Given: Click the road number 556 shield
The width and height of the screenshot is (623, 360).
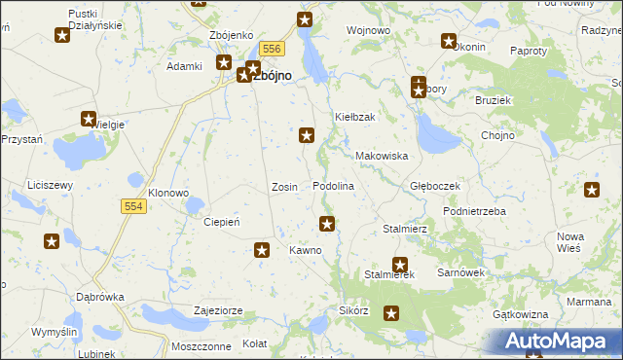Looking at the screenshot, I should pyautogui.click(x=272, y=49).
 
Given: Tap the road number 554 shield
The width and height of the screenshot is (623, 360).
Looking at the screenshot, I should pyautogui.click(x=135, y=206).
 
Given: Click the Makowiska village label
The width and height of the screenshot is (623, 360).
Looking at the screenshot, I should pyautogui.click(x=382, y=156).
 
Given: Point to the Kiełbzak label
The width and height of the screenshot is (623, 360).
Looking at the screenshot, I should pyautogui.click(x=355, y=117).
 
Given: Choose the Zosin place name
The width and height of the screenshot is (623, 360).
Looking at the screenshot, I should pyautogui.click(x=284, y=186).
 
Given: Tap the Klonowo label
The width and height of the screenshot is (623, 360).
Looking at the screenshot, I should pyautogui.click(x=169, y=193).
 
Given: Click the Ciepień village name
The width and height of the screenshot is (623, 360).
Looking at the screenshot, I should pyautogui.click(x=221, y=222).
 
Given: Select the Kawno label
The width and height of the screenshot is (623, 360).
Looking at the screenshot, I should pyautogui.click(x=305, y=250).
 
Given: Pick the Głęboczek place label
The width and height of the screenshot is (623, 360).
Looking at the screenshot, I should pyautogui.click(x=434, y=185).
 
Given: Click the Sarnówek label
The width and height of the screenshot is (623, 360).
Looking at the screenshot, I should pyautogui.click(x=460, y=273).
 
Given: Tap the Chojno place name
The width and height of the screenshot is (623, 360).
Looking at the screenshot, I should pyautogui.click(x=497, y=135).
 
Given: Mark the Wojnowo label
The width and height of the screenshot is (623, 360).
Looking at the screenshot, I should pyautogui.click(x=369, y=31).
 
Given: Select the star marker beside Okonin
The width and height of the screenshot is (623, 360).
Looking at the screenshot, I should pyautogui.click(x=449, y=41).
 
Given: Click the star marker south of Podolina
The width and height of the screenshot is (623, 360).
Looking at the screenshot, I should pyautogui.click(x=328, y=224).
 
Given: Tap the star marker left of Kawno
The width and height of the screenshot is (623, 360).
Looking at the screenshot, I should pyautogui.click(x=262, y=251).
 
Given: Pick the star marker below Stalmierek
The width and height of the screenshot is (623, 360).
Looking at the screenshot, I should pyautogui.click(x=391, y=313).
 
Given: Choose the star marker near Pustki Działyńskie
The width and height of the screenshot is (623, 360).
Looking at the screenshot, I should pyautogui.click(x=62, y=36).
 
